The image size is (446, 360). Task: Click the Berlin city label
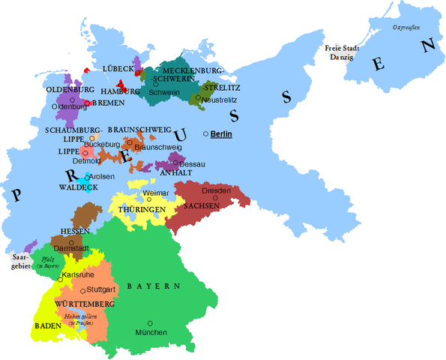[x=223, y=133]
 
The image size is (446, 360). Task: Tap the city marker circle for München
[x=151, y=322]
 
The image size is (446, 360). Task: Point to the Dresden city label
[x=216, y=191]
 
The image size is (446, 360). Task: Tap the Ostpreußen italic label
[x=406, y=28]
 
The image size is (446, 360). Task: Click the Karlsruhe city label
[x=76, y=274]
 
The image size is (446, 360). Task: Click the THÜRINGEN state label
[x=140, y=209]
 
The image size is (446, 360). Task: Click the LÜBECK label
[x=118, y=69]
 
